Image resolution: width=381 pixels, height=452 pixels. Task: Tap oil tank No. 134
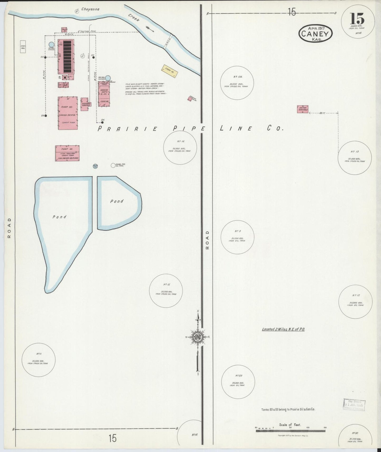[x=237, y=83]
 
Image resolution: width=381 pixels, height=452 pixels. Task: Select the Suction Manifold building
[x=302, y=109]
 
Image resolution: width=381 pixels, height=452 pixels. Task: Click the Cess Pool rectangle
[x=23, y=47]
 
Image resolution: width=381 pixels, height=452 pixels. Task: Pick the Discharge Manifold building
[x=85, y=104]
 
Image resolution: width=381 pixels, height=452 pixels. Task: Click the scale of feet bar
[x=290, y=431]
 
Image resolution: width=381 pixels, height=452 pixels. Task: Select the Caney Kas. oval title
[x=315, y=33]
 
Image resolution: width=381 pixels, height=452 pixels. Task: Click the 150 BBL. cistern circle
[x=51, y=45]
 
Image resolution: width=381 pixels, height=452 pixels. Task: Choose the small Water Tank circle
[x=95, y=166]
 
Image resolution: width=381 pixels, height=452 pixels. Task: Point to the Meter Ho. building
[x=64, y=30]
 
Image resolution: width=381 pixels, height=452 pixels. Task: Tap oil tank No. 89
[x=238, y=382]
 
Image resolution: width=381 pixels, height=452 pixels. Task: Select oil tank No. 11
[x=38, y=360]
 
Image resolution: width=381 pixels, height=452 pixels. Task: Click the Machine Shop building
[x=104, y=94]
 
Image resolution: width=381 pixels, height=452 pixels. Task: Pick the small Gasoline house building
[x=190, y=99]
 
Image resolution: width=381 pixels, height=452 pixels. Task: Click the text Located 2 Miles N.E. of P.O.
[x=283, y=329]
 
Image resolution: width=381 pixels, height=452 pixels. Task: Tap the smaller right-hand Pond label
[x=117, y=201]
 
